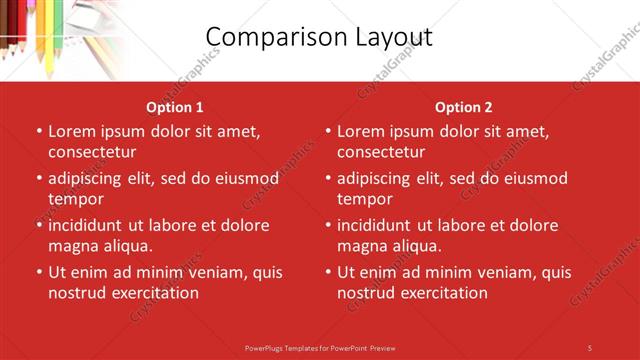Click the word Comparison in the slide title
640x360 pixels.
[269, 37]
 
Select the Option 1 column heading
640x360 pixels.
[175, 107]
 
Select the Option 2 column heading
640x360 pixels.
[464, 107]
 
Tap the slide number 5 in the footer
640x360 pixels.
[589, 347]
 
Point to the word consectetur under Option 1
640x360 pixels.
[92, 152]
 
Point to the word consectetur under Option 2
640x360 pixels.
[381, 152]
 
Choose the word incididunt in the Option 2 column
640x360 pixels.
[380, 226]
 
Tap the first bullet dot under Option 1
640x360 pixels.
[38, 131]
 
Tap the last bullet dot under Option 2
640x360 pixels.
[327, 272]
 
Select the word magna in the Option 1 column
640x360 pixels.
[72, 246]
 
